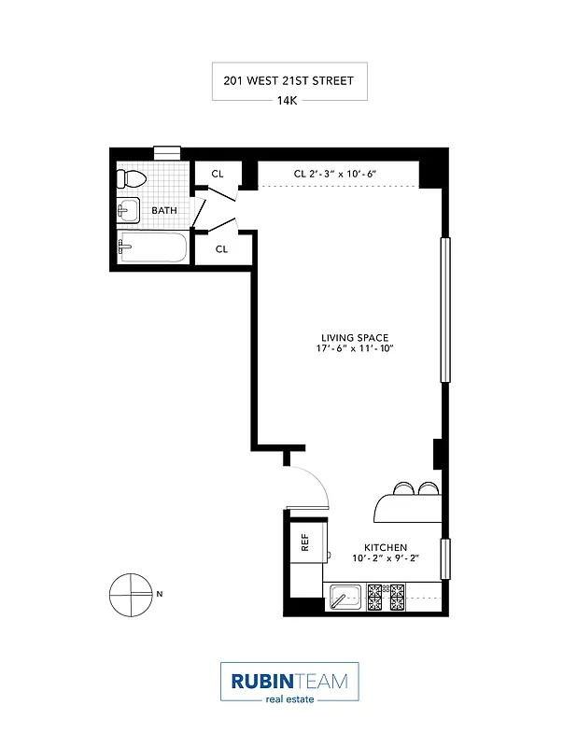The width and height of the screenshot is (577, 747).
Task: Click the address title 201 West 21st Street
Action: pos(288,81)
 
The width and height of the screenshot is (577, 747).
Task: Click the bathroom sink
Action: pos(128,210)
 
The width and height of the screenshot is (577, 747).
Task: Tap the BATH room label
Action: pos(164,210)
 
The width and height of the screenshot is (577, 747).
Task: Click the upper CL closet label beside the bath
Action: pos(218,174)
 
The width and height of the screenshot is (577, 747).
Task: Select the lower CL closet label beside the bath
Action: pos(222,249)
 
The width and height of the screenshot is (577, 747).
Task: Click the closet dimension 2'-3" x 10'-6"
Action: pos(336,174)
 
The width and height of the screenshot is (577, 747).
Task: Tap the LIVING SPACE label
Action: pos(354,338)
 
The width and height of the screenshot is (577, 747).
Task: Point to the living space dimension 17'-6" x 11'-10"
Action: pos(354,349)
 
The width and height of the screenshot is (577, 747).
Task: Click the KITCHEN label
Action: pos(386,547)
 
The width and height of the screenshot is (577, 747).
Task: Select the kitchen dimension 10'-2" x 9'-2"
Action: pos(386,558)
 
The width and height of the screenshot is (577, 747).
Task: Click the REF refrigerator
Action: pos(305,541)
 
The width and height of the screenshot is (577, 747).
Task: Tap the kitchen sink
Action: pos(344,595)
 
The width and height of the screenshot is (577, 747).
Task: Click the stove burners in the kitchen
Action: pos(386,595)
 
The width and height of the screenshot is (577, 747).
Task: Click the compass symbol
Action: pos(131,593)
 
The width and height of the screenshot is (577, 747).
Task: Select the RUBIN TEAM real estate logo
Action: pos(288,683)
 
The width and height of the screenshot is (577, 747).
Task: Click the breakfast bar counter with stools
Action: pos(409,505)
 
